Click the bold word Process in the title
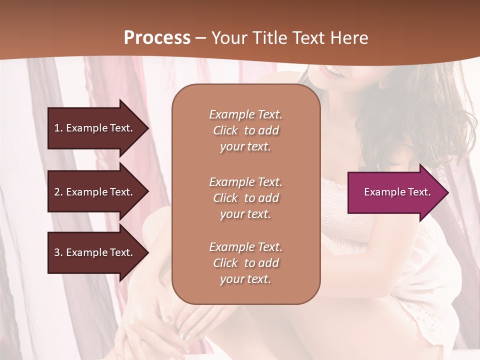tap(157, 38)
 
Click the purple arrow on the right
tap(395, 192)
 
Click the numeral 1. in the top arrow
tap(58, 128)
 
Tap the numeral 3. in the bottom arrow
tap(58, 252)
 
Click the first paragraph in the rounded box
tap(245, 130)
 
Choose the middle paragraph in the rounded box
tap(245, 198)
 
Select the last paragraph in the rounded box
tap(245, 263)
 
